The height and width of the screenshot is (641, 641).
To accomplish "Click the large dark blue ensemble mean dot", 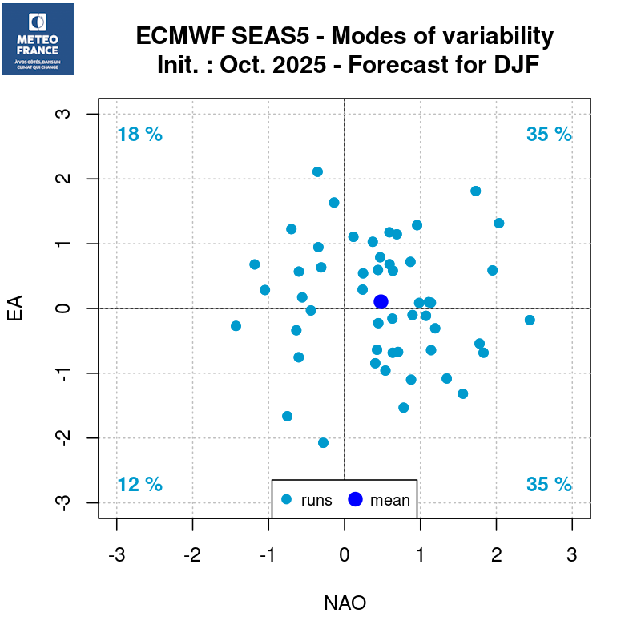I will tap(381, 301).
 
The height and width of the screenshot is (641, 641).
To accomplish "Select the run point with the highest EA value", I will tap(317, 171).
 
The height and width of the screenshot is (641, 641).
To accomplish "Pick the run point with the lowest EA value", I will tap(323, 442).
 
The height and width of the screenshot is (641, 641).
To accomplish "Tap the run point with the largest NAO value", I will tap(530, 320).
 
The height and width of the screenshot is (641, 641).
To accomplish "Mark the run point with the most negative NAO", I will tap(236, 325).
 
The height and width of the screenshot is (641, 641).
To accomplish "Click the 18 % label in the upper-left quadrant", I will tap(139, 135).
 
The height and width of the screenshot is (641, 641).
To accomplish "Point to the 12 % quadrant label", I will tap(139, 485).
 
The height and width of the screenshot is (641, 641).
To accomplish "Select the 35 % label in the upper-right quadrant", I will tap(549, 135).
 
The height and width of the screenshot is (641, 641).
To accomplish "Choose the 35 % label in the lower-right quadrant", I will tap(549, 485).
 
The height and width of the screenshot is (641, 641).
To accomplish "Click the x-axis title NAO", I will tap(345, 603).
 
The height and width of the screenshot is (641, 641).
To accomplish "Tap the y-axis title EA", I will tap(14, 308).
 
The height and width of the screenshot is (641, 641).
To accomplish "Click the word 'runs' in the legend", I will tap(316, 501).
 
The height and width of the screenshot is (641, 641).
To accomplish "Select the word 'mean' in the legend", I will tap(390, 501).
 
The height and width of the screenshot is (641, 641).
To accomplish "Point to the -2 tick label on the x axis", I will tap(192, 554).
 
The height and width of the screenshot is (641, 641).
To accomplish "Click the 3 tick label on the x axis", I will tap(572, 554).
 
